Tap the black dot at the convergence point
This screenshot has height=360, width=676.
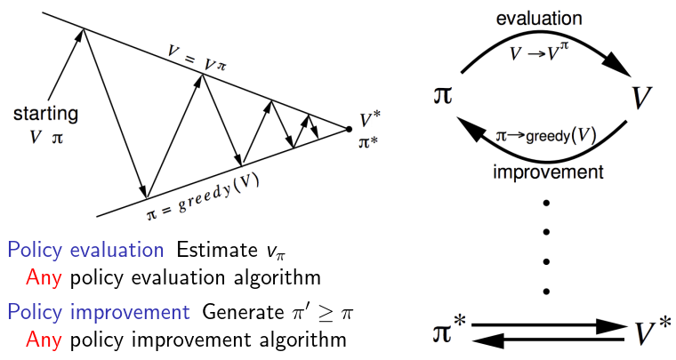point(349,129)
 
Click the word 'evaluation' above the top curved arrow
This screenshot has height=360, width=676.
point(540,18)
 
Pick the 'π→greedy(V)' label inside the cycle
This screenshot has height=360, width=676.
point(545,135)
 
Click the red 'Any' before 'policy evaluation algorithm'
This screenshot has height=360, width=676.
point(43,276)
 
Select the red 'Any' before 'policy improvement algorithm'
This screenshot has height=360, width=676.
point(43,339)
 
